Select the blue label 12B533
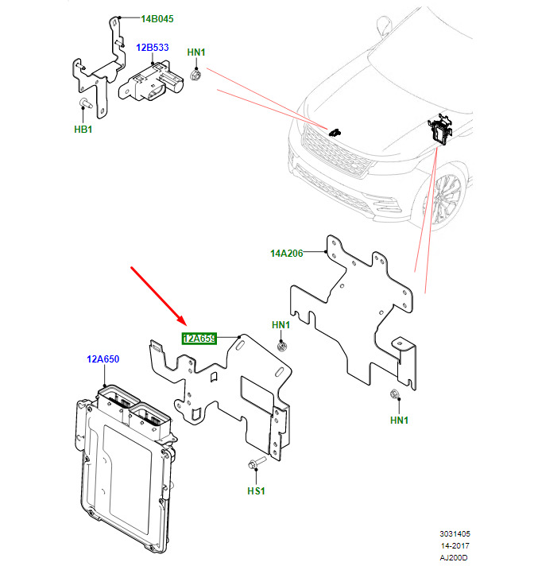tap(152, 48)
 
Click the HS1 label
tap(255, 491)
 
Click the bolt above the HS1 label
tap(254, 465)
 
